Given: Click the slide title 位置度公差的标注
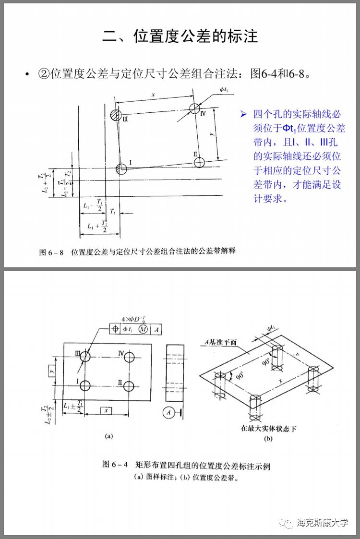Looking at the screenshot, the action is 180,36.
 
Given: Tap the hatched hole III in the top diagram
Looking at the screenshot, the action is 115,115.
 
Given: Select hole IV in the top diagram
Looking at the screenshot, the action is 194,108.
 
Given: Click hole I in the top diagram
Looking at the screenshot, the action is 121,168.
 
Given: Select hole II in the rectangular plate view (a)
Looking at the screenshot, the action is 128,386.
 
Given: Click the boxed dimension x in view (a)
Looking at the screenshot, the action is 106,410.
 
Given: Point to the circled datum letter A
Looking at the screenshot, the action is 168,412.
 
